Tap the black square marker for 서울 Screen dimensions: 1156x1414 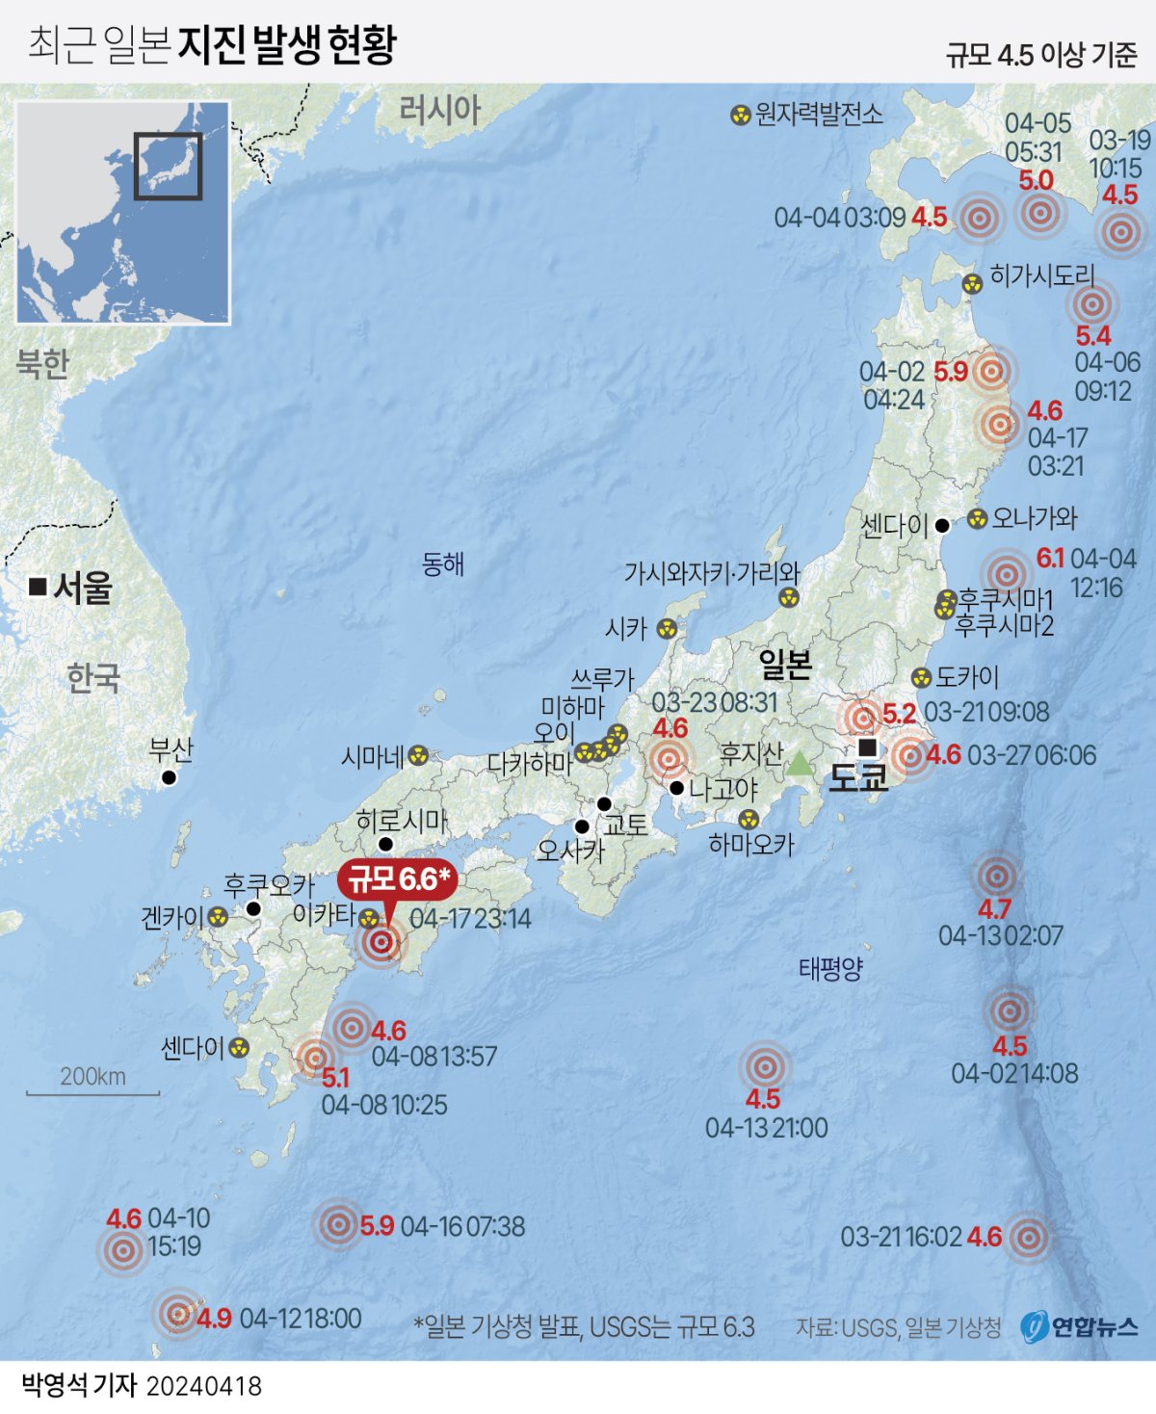tap(39, 586)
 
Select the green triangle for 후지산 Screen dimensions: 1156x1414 tap(800, 765)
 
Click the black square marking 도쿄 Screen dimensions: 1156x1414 tap(867, 747)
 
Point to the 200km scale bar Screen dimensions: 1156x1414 tap(92, 1093)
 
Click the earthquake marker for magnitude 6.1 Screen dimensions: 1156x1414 tap(1006, 574)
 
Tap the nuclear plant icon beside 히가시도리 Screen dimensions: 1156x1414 tap(972, 283)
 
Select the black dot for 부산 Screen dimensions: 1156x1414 tap(170, 777)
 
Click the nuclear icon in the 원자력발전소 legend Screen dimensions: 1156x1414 tap(740, 116)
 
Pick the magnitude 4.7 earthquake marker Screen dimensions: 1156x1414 tap(995, 877)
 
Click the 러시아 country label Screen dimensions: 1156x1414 tap(439, 110)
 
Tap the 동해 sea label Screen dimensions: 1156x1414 tap(443, 564)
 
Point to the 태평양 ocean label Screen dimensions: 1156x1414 tap(830, 969)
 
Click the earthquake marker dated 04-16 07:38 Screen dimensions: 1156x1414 tap(338, 1225)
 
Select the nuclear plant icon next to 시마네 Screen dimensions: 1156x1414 tap(418, 756)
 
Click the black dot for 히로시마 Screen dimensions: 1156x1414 tap(386, 844)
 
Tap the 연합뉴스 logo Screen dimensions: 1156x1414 tap(1081, 1326)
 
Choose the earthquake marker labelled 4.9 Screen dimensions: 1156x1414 tap(177, 1313)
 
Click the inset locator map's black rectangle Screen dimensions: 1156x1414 tap(168, 166)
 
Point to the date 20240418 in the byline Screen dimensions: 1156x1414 tap(204, 1386)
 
